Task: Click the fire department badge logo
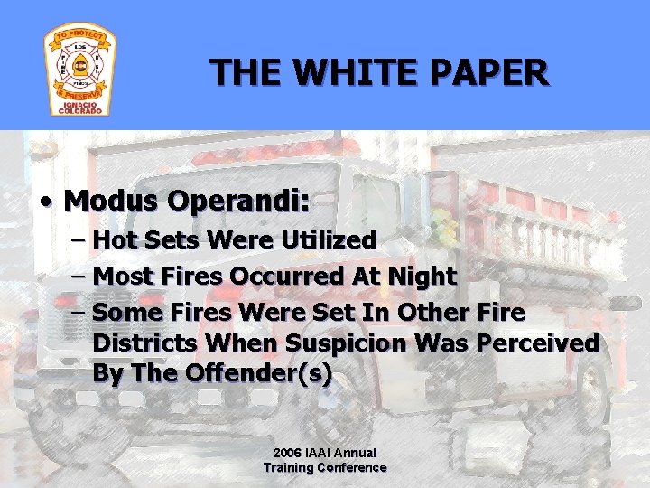[79, 70]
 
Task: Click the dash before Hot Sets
[78, 241]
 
